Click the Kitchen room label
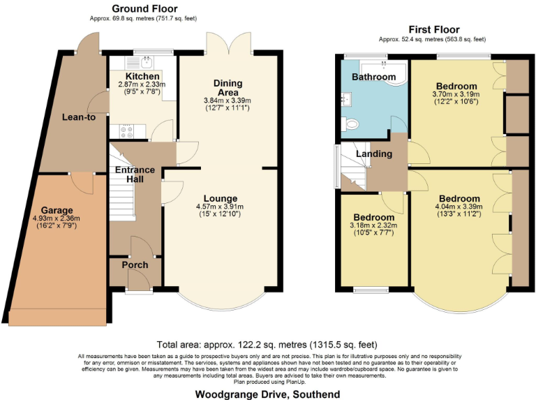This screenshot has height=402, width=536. [x=142, y=75]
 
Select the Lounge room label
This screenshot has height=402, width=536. [x=221, y=198]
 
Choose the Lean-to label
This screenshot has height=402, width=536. [x=78, y=117]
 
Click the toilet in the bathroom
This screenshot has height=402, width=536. [x=351, y=124]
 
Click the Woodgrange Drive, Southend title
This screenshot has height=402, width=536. [x=268, y=394]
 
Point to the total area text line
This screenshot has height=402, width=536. [x=268, y=344]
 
